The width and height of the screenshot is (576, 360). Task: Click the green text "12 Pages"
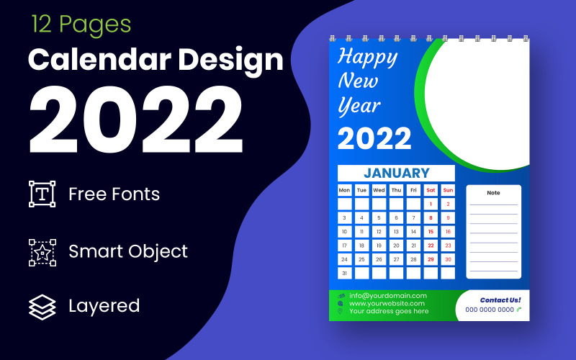point(81,24)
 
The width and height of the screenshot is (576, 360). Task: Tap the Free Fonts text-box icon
point(42,194)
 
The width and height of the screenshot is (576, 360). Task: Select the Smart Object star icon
point(42,252)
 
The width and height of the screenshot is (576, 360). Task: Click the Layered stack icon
point(42,306)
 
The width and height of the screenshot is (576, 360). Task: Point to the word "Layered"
point(104,305)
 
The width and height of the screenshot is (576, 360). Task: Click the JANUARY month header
point(396,173)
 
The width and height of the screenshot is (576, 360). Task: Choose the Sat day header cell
point(431,190)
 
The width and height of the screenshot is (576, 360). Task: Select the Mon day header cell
point(345,190)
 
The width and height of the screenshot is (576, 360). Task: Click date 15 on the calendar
point(431,232)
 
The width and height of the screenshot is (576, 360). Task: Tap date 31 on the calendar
point(345,273)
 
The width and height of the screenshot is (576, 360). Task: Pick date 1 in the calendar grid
point(431,204)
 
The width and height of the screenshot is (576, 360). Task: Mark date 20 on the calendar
point(396,246)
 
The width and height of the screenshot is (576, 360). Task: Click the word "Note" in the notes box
point(493,193)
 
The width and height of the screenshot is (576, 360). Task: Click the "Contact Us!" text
point(500,300)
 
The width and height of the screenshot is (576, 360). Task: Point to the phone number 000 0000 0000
point(490,310)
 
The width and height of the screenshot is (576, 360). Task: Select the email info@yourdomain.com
point(388,295)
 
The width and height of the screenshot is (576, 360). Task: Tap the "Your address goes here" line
point(389,311)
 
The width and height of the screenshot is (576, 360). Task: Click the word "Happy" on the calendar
point(367,56)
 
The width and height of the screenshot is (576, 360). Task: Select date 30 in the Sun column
point(448,259)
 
